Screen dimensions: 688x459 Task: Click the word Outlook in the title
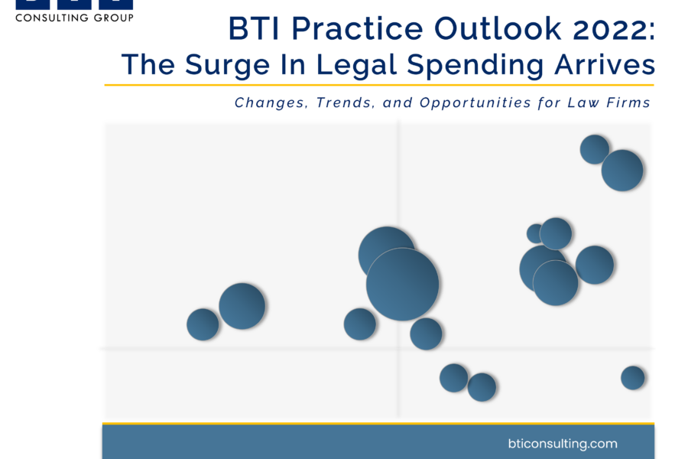pos(498,29)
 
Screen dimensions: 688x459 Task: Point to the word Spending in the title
pos(475,66)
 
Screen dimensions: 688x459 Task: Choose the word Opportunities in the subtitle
pos(475,103)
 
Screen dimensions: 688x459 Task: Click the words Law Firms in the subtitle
pos(608,103)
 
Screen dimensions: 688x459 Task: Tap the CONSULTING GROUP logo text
pos(75,18)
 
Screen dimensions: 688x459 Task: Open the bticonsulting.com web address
pos(563,444)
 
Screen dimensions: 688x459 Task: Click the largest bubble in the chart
pos(402,284)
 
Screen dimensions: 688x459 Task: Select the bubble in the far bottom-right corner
pos(633,378)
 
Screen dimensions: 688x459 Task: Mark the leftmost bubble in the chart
pos(203,324)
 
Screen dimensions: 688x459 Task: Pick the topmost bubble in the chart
pos(595,149)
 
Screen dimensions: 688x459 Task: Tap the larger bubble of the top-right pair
pos(622,171)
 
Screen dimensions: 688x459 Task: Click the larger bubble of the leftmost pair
pos(242,306)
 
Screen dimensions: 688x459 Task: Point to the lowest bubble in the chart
pos(482,387)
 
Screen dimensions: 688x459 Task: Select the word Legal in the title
pos(356,66)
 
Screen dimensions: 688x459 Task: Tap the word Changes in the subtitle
pos(270,103)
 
